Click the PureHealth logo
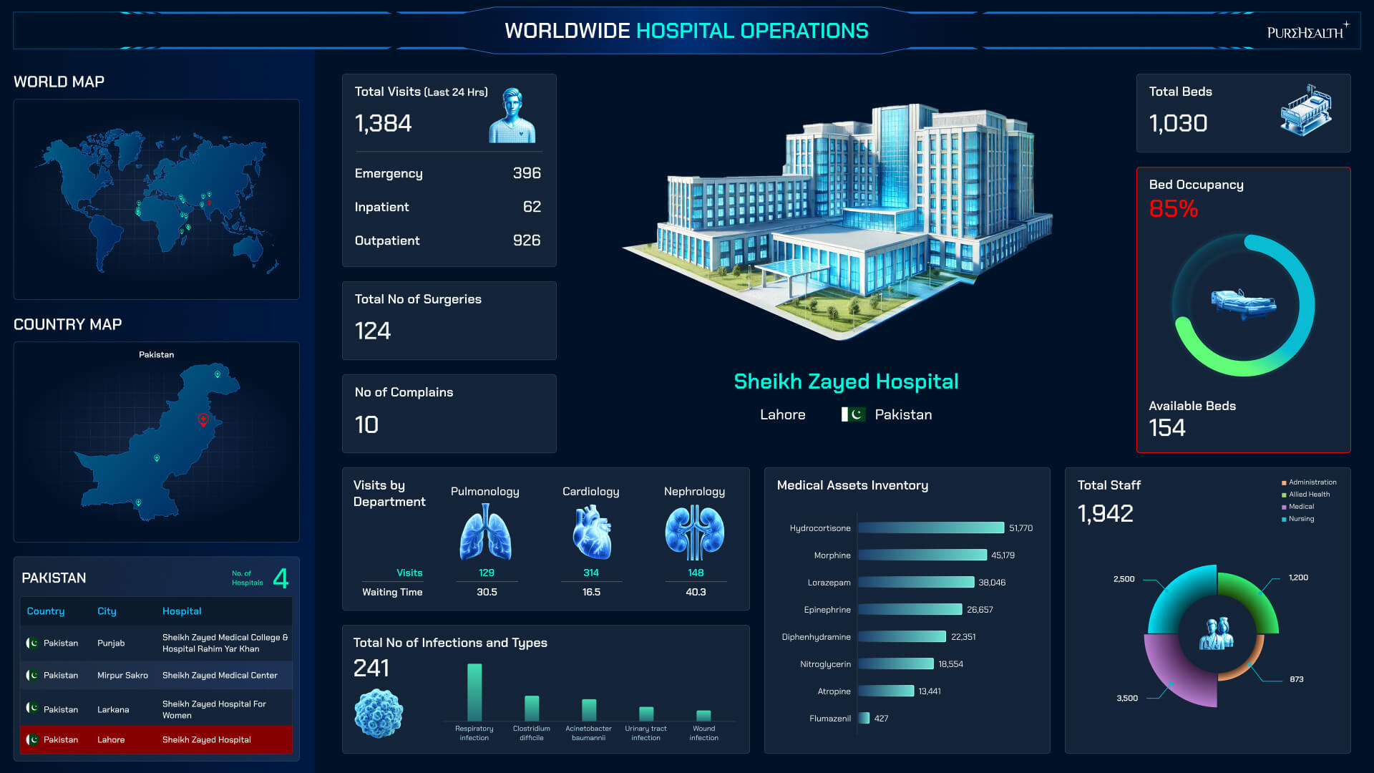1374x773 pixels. (1307, 31)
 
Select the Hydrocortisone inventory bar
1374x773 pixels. (930, 528)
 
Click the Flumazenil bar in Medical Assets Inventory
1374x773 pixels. (864, 719)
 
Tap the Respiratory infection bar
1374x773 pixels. (474, 691)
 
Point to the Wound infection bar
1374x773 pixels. (703, 716)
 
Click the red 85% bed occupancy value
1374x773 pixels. (1173, 209)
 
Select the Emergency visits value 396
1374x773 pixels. (527, 173)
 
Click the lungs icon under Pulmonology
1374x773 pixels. (485, 532)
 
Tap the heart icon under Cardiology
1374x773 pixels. (592, 532)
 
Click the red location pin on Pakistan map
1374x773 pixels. (203, 420)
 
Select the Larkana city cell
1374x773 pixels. (113, 710)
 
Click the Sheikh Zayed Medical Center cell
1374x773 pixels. (220, 676)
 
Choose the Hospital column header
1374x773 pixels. (182, 611)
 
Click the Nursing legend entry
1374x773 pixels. (1300, 519)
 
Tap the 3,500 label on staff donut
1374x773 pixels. (1127, 699)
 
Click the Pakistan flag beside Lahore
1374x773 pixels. (853, 414)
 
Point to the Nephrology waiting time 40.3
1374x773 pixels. (696, 593)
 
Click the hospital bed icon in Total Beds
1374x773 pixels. (1305, 110)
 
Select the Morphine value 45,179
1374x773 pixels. (1003, 555)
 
